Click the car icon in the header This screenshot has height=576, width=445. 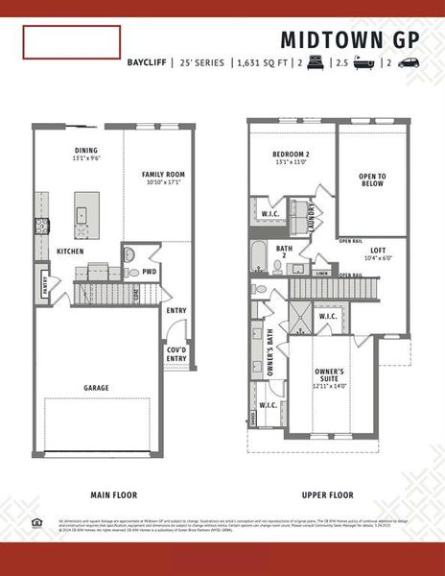click(x=408, y=63)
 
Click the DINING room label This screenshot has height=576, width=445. click(x=87, y=151)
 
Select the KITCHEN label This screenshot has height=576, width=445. click(x=69, y=252)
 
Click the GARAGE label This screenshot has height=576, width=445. click(x=95, y=388)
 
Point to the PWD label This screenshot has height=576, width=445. click(x=149, y=272)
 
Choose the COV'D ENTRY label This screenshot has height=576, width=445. click(x=176, y=354)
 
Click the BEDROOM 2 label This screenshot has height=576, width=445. click(x=292, y=155)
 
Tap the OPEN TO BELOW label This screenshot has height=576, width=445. click(x=372, y=181)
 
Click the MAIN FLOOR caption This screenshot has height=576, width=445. click(x=113, y=495)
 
